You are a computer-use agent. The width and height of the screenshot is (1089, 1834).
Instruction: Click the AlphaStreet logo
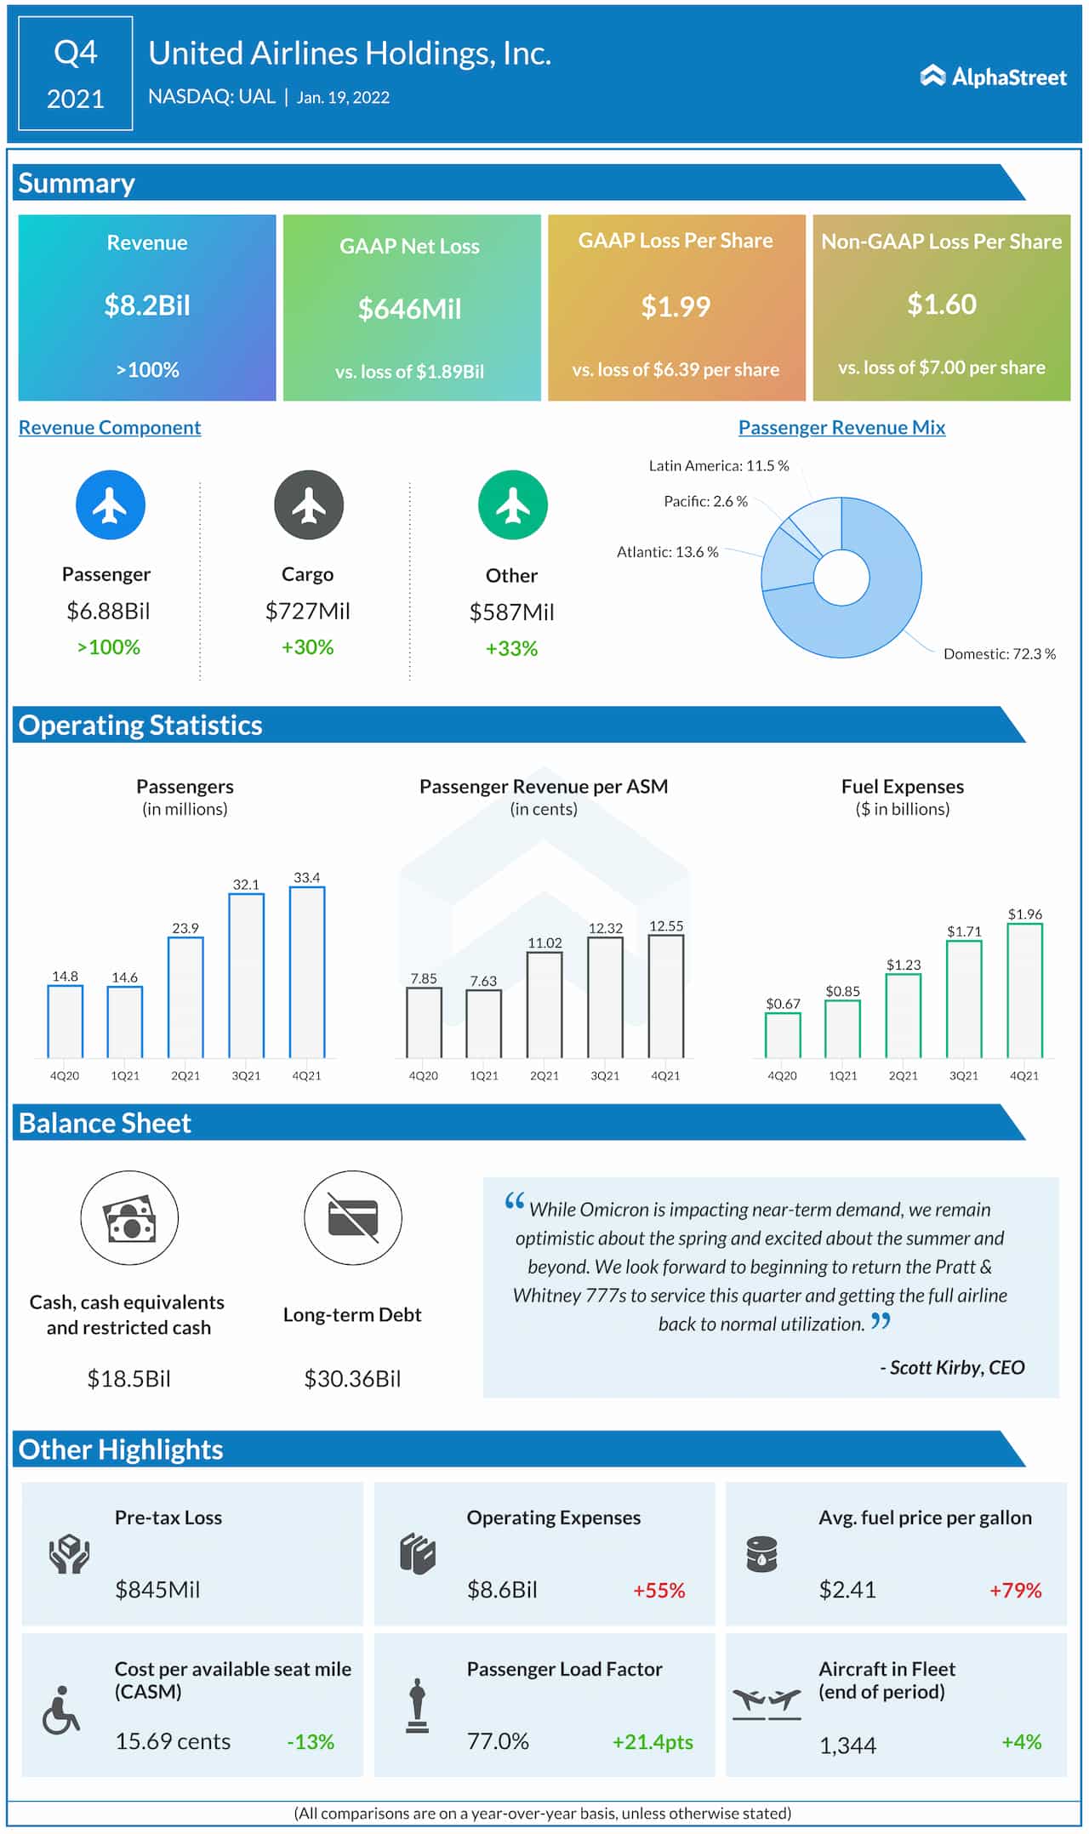[x=993, y=77]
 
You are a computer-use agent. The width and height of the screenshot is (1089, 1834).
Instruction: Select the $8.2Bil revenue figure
[x=147, y=305]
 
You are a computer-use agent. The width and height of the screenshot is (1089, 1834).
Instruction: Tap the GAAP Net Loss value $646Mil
[x=409, y=309]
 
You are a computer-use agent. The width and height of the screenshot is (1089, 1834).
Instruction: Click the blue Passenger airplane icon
[x=110, y=505]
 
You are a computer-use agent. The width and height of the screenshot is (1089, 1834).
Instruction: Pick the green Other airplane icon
[x=512, y=505]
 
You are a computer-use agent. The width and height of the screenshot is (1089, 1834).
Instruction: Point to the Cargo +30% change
[x=307, y=647]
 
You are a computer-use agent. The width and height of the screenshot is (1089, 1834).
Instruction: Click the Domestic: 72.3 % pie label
[x=999, y=654]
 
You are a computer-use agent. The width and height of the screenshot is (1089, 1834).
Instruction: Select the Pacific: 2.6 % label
[x=705, y=502]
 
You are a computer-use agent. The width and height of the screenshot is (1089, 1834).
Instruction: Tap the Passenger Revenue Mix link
[x=841, y=428]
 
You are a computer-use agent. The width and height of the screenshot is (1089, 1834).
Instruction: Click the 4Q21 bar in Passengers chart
[x=307, y=972]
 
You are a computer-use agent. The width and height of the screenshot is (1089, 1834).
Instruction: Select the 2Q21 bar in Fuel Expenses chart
[x=903, y=1016]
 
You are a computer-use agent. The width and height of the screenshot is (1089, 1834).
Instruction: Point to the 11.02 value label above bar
[x=544, y=943]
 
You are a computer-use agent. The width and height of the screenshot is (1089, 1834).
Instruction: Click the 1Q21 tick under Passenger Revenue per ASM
[x=484, y=1076]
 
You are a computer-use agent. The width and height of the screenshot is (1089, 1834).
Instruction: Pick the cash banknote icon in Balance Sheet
[x=129, y=1219]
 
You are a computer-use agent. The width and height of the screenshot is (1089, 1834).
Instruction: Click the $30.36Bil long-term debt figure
[x=352, y=1379]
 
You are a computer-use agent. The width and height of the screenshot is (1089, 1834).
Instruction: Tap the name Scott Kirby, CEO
[x=955, y=1368]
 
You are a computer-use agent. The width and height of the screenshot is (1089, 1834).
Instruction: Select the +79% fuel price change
[x=1015, y=1591]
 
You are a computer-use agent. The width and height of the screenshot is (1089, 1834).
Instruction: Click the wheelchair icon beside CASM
[x=60, y=1710]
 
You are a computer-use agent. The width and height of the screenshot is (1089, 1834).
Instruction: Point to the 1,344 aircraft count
[x=847, y=1746]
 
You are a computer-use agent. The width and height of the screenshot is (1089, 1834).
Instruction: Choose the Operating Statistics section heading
[x=140, y=726]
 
